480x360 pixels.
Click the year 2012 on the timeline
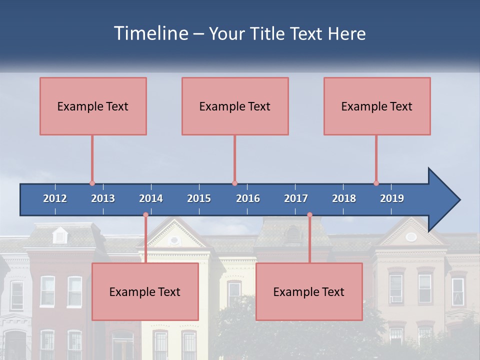(55, 198)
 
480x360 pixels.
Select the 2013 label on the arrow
(103, 198)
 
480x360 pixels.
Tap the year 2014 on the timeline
(151, 198)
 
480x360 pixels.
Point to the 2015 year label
(199, 198)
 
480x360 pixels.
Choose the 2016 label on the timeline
(248, 198)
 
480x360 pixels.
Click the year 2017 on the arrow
(296, 198)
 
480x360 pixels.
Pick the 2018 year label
(344, 198)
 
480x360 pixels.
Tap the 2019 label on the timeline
(392, 198)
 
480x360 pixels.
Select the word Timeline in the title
(150, 33)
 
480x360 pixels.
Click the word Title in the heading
(268, 34)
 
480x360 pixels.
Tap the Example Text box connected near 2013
(93, 106)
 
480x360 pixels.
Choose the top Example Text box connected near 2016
(235, 106)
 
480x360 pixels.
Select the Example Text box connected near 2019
(377, 106)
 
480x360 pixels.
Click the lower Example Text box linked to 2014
(145, 291)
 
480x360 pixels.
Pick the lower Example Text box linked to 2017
(309, 291)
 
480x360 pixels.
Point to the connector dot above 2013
(92, 183)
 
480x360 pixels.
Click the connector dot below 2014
(145, 215)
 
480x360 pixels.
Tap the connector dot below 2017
(309, 215)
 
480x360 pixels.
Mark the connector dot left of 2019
(376, 183)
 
